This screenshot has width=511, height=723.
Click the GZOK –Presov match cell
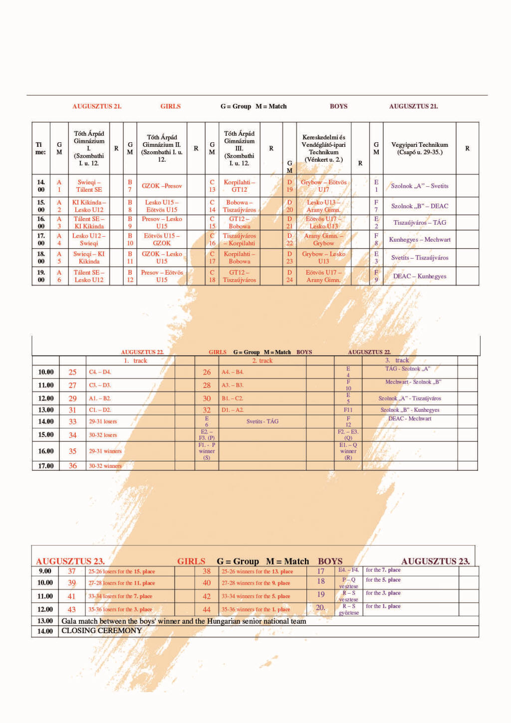click(162, 186)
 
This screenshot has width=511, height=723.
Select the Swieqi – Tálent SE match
click(89, 186)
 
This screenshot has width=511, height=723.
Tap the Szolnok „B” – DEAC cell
click(419, 206)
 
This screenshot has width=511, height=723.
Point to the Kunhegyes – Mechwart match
click(419, 240)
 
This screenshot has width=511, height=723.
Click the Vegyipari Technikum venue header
click(419, 148)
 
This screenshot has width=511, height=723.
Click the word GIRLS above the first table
click(170, 106)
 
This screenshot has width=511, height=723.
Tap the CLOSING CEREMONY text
click(101, 631)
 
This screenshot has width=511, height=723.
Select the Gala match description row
click(184, 621)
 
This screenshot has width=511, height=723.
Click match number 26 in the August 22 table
click(207, 372)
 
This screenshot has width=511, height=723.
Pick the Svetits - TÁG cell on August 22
click(262, 421)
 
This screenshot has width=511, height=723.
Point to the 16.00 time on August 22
click(46, 451)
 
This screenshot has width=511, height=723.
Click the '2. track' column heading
click(262, 361)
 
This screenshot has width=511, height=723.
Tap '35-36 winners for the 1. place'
click(255, 609)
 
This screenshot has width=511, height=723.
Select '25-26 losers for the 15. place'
click(122, 571)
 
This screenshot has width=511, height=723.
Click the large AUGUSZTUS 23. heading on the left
click(70, 561)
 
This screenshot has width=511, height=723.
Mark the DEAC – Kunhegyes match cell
click(419, 276)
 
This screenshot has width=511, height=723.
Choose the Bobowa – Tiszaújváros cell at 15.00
click(239, 206)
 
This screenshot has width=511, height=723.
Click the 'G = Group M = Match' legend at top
click(254, 106)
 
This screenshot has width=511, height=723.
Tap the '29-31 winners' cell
click(105, 451)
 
